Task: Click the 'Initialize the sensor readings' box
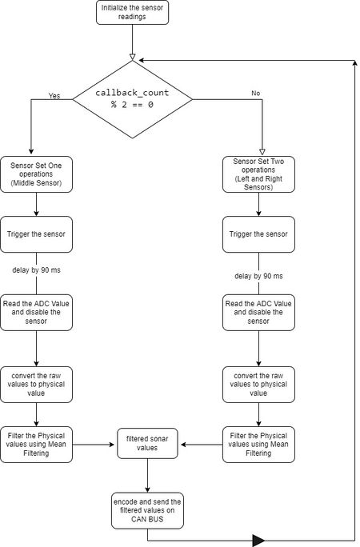(132, 12)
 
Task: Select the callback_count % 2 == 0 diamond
(132, 99)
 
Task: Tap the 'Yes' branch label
(54, 96)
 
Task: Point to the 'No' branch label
(256, 93)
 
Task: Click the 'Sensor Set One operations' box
(36, 174)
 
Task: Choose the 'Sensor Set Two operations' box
(258, 174)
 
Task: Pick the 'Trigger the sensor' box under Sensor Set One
(36, 234)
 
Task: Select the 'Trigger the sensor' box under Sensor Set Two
(258, 234)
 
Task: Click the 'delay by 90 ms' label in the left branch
(36, 270)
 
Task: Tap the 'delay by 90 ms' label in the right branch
(258, 276)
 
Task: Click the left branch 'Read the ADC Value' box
(36, 313)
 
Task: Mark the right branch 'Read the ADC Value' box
(258, 313)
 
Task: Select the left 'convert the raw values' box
(36, 385)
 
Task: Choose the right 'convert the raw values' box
(258, 385)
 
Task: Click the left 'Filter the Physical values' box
(36, 445)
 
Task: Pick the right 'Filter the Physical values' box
(258, 445)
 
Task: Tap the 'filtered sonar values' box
(147, 443)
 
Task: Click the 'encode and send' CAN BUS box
(147, 511)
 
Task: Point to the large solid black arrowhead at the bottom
(258, 541)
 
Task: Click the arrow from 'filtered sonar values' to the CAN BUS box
(147, 476)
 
